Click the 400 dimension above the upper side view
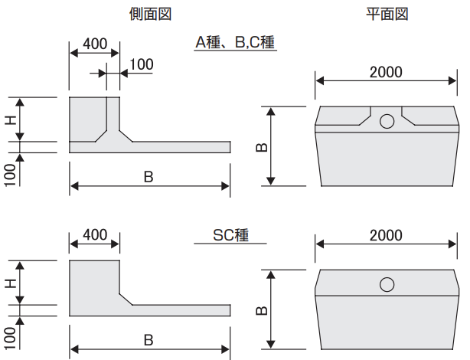pyautogui.click(x=94, y=44)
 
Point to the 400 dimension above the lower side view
pyautogui.click(x=94, y=234)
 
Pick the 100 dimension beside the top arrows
pyautogui.click(x=141, y=64)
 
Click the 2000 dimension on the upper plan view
pyautogui.click(x=386, y=73)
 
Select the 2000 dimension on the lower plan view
pyautogui.click(x=386, y=235)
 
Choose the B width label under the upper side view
pyautogui.click(x=149, y=176)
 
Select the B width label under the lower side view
pyautogui.click(x=149, y=339)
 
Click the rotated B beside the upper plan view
pyautogui.click(x=262, y=145)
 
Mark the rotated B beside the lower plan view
pyautogui.click(x=262, y=308)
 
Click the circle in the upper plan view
pyautogui.click(x=387, y=121)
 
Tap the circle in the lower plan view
pyautogui.click(x=387, y=285)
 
